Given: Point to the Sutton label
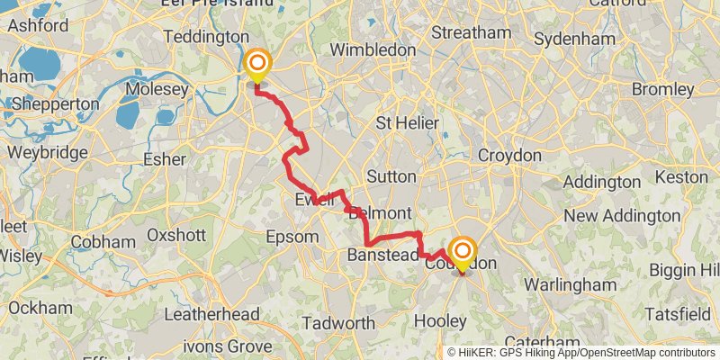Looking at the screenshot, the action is (x=391, y=176).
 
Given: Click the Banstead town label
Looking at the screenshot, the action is (x=382, y=256).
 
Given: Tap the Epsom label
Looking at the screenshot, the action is (x=293, y=238).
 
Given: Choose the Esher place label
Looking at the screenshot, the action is (x=164, y=159).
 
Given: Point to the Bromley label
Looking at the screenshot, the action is (x=662, y=90).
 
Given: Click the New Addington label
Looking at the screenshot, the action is (x=622, y=216).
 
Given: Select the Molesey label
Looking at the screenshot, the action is (x=157, y=90).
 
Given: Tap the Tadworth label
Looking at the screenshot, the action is (x=338, y=323).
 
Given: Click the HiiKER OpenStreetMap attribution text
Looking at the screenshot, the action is (x=581, y=352).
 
